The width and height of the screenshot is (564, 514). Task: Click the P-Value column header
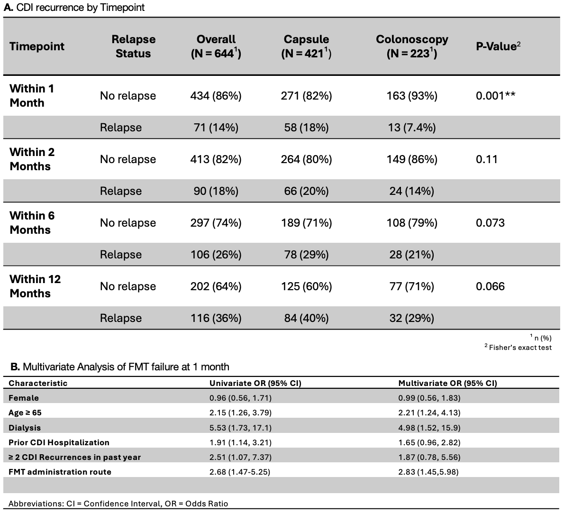click(498, 46)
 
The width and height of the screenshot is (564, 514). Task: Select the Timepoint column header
click(37, 46)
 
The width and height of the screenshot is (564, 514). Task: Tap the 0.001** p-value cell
click(496, 95)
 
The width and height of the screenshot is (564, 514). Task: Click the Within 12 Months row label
click(35, 286)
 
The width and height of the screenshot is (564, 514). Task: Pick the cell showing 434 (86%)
click(216, 96)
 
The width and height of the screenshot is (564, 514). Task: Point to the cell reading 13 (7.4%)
click(412, 128)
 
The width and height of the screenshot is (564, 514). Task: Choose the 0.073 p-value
click(490, 223)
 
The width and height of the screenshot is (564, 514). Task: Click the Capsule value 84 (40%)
click(307, 318)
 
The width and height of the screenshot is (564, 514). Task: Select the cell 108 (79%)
click(412, 223)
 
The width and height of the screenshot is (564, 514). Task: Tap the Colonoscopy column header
click(412, 46)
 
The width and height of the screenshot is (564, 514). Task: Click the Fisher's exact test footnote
click(518, 348)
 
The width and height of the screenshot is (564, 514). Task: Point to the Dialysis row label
click(25, 428)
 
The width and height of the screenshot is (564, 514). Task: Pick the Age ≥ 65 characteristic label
click(25, 413)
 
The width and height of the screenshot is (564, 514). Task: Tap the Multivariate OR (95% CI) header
click(448, 383)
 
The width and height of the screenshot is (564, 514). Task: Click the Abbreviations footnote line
click(118, 504)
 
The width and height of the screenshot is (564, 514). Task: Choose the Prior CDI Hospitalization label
click(59, 442)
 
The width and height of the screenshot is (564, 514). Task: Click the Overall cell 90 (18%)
click(216, 191)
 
